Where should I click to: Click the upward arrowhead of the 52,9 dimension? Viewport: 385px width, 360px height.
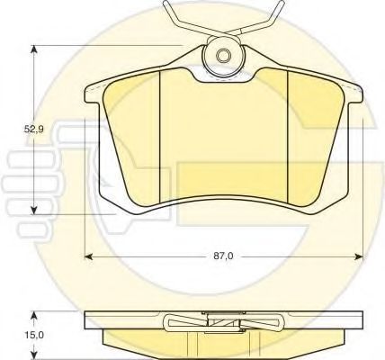pyautogui.click(x=35, y=50)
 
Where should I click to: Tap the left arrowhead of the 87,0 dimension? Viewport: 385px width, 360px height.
pyautogui.click(x=90, y=256)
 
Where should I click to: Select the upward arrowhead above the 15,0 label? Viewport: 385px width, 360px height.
pyautogui.click(x=35, y=316)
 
